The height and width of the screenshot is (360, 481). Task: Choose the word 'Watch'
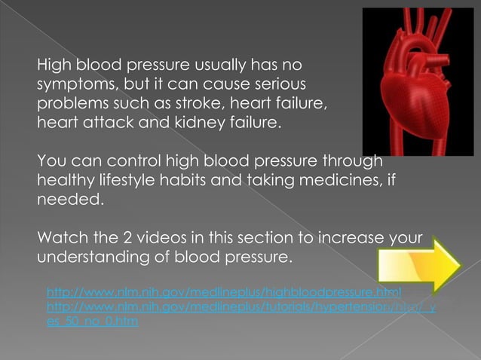(60, 240)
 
